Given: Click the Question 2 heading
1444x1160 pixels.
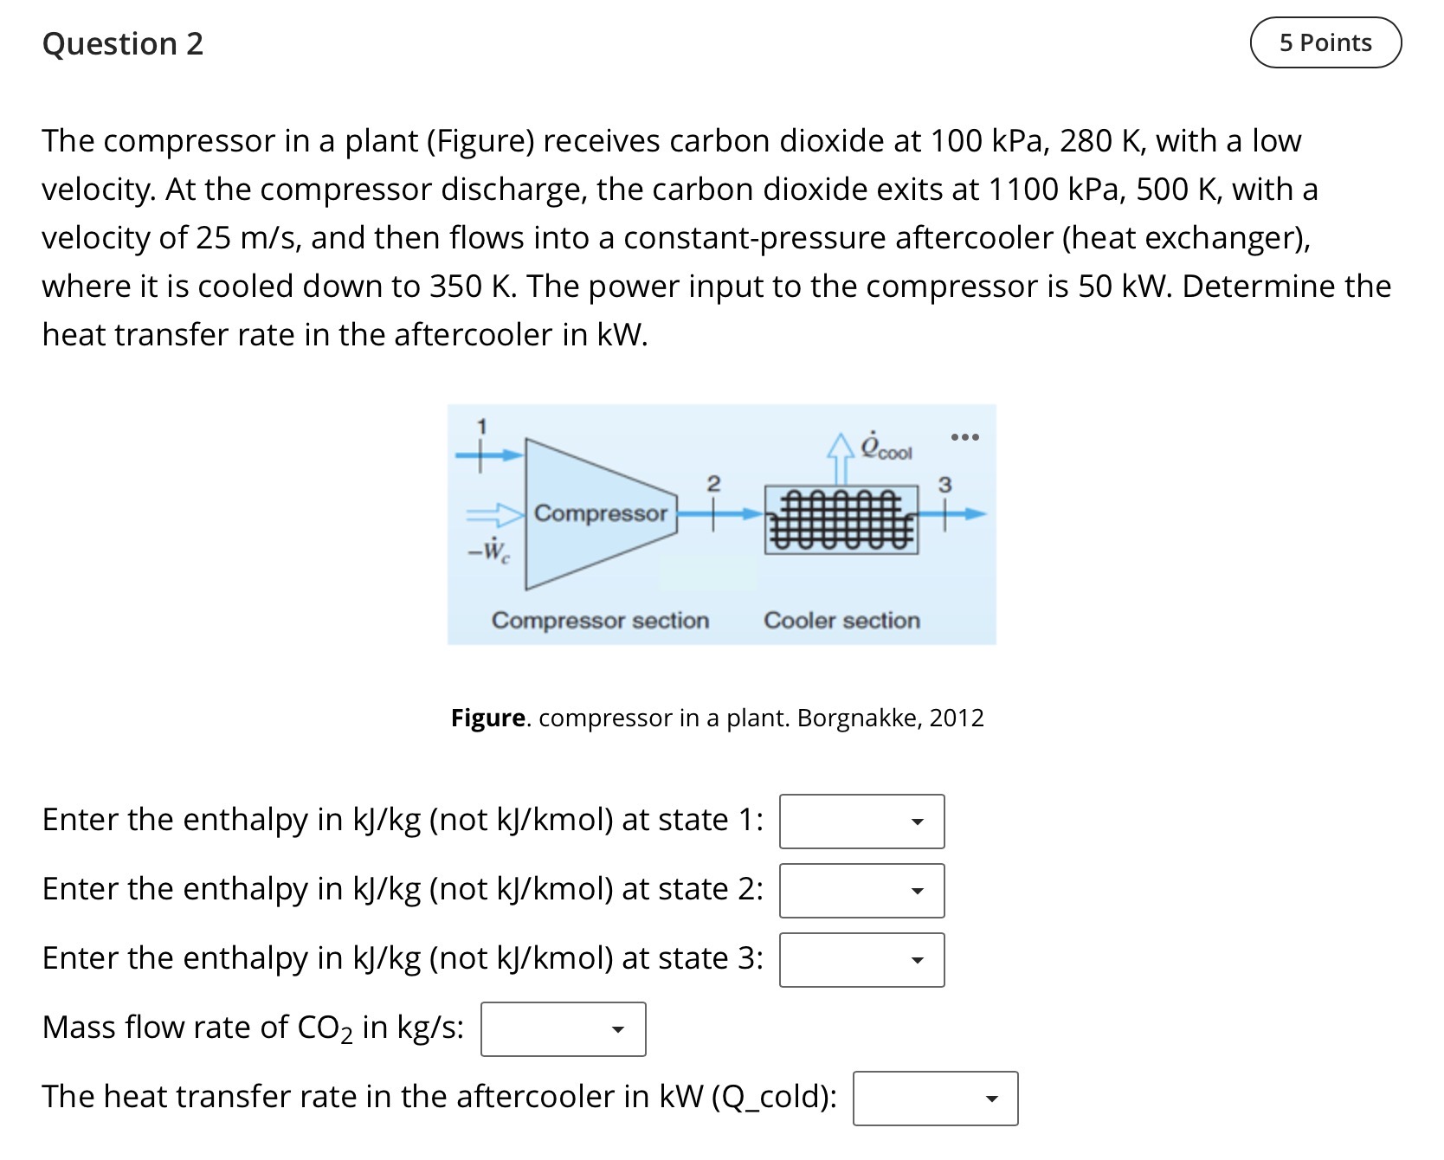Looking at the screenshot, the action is coord(123,43).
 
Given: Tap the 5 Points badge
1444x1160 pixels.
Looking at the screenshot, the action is coord(1325,42).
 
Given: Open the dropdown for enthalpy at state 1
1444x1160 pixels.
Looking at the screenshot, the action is coord(861,821).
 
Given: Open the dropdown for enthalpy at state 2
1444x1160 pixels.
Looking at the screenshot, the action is coord(861,890).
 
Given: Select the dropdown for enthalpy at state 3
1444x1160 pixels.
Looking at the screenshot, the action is coord(861,959).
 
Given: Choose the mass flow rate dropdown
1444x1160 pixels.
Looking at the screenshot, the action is coord(563,1028).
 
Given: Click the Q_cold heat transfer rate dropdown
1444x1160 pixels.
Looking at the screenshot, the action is coord(935,1099).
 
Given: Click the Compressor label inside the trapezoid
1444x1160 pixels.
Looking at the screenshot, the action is coord(601,513).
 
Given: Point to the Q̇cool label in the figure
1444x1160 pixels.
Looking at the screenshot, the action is coord(886,447).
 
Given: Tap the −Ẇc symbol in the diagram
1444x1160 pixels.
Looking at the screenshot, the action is coord(489,551).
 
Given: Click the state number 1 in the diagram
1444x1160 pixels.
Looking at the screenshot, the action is coord(483,425).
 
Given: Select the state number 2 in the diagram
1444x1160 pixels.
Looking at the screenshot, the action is coord(713,482).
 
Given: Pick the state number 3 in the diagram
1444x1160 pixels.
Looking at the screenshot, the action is coord(945,485).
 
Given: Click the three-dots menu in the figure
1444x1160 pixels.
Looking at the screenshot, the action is coord(964,436).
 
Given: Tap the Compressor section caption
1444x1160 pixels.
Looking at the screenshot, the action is coord(600,621).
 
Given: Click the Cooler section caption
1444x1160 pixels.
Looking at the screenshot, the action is coord(841,621).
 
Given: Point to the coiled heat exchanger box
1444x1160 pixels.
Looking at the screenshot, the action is coord(841,519).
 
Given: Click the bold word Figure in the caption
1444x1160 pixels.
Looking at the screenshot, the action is coord(488,719).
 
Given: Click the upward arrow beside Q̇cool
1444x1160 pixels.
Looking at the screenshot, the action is coord(840,459).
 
